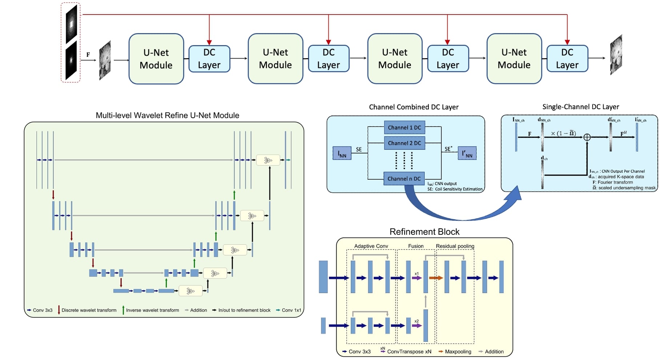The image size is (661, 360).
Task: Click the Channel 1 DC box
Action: pos(404,128)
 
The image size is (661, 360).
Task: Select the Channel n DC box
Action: pos(404,179)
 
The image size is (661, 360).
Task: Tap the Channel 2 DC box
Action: pos(404,143)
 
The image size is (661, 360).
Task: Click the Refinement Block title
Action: pos(424,232)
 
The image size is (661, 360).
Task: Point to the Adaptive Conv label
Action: pos(371,246)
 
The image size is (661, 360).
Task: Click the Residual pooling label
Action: pos(455,246)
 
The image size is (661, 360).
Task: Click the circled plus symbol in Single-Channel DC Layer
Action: pos(587,137)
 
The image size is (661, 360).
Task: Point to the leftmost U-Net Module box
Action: pos(156,59)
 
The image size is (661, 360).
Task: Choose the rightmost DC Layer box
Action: pos(567,59)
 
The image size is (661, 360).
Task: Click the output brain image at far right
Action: pos(616,55)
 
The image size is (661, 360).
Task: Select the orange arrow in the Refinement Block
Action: pos(436,278)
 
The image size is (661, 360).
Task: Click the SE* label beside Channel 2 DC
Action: pos(448,149)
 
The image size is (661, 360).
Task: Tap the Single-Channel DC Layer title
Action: pos(580,107)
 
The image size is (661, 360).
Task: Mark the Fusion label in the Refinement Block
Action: pos(416,246)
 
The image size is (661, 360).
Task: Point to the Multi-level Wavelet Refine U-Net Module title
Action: pos(167,115)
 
